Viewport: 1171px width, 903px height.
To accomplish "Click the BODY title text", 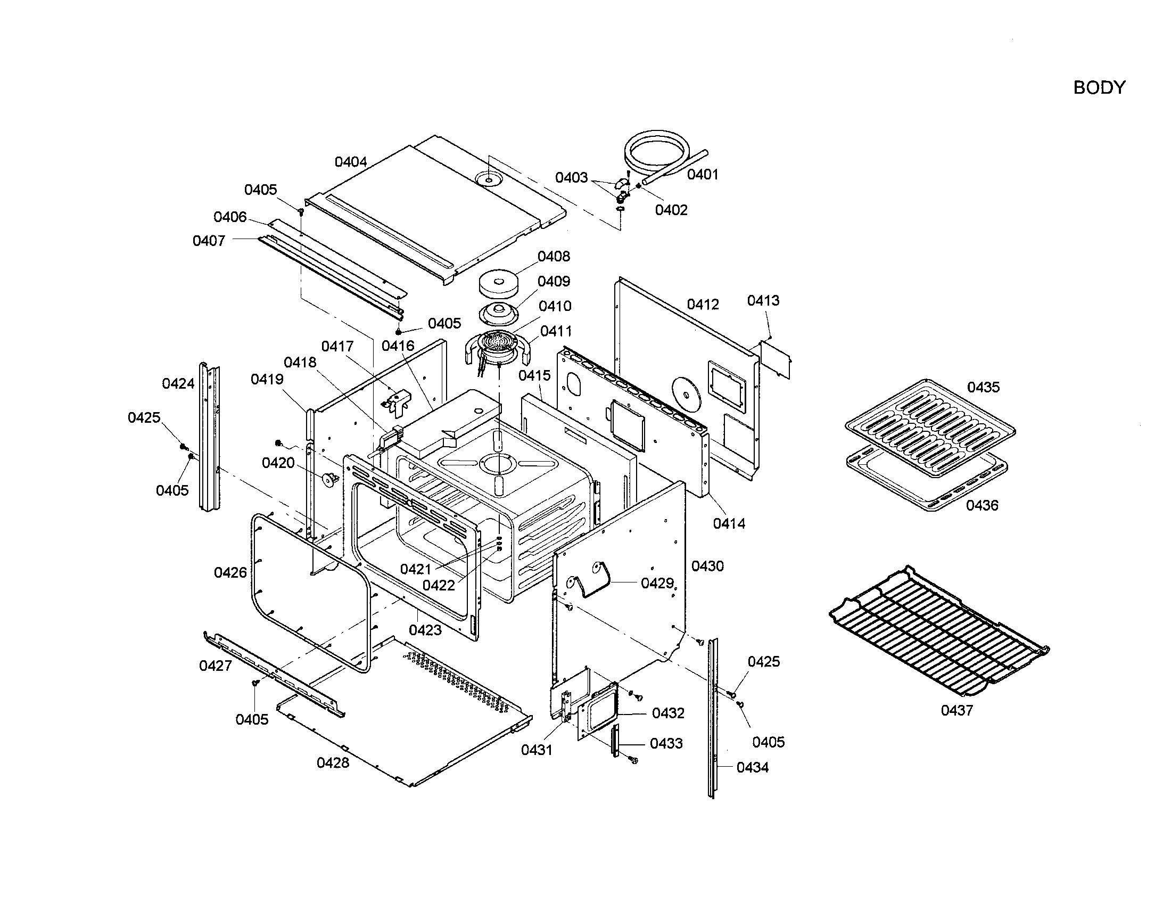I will (x=1099, y=87).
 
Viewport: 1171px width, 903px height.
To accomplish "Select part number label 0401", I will (x=702, y=174).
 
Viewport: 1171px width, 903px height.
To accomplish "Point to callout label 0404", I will (x=351, y=161).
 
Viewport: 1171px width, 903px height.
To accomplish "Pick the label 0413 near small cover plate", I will (x=763, y=300).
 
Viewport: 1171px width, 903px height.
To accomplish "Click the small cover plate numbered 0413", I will (x=776, y=359).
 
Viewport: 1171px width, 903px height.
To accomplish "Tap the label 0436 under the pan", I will (x=982, y=505).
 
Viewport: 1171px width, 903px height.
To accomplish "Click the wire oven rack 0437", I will (x=938, y=627).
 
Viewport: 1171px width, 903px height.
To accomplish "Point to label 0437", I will (x=956, y=710).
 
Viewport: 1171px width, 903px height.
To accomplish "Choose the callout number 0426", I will (x=230, y=573).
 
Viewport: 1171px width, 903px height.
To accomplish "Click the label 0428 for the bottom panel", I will (x=333, y=762).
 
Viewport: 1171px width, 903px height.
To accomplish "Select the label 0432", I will (x=667, y=713).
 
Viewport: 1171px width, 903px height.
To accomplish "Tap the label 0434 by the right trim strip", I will (x=752, y=768).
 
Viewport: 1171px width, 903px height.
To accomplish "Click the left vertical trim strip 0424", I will (x=210, y=437).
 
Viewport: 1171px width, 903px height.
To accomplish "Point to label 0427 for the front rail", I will (x=216, y=666).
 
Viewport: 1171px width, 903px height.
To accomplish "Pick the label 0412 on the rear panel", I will (x=703, y=305).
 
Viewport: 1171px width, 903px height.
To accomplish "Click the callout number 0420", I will (x=278, y=463).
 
